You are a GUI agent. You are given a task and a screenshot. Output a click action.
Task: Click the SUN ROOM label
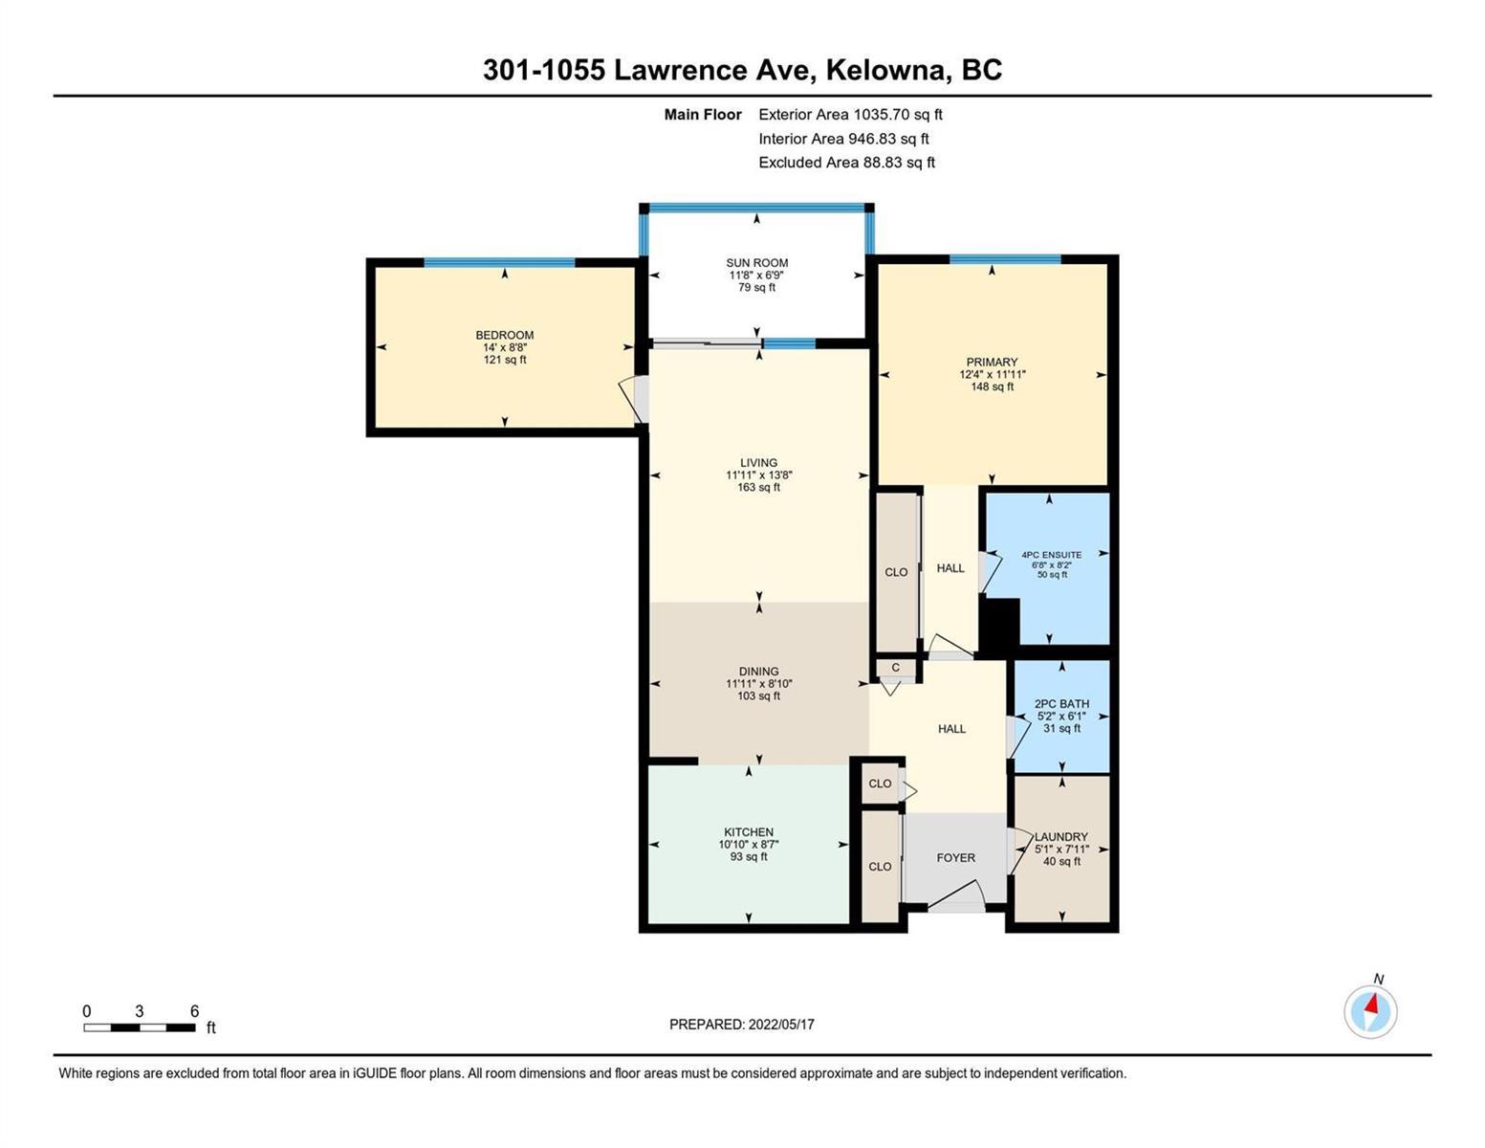tap(756, 262)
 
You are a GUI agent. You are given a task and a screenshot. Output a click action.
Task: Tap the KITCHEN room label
tap(749, 832)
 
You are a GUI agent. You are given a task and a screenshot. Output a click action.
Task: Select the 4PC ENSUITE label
tap(1051, 555)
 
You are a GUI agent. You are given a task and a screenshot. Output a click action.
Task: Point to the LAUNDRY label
tap(1060, 837)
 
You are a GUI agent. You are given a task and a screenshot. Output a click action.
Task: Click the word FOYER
tap(955, 857)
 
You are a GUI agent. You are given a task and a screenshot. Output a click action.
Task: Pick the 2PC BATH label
tap(1061, 703)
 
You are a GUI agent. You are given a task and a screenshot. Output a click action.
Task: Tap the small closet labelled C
tap(895, 668)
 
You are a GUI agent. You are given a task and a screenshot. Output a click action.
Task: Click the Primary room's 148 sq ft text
tap(992, 386)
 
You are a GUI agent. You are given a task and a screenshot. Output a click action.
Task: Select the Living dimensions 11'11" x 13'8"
tap(758, 475)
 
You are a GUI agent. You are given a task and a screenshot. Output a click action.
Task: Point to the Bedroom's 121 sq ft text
tap(504, 360)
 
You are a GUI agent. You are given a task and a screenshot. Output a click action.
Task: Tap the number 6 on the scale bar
tap(194, 1010)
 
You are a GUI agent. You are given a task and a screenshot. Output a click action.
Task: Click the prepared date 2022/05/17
tap(781, 1025)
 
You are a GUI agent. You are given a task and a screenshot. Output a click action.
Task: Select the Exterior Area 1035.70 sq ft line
tap(850, 114)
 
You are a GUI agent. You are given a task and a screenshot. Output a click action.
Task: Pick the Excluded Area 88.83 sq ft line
tap(846, 162)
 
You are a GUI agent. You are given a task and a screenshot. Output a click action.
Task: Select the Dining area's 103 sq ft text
tap(758, 696)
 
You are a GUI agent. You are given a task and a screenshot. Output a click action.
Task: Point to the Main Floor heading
tap(703, 114)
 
